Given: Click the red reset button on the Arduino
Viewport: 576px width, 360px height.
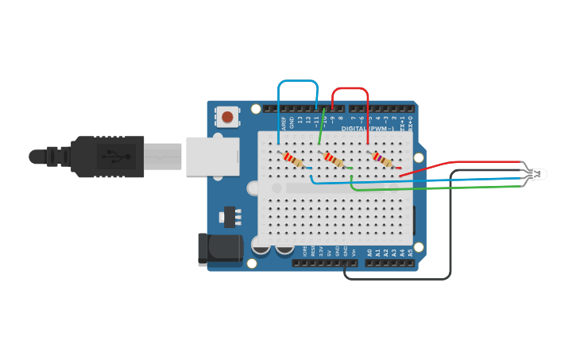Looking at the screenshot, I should point(228,118).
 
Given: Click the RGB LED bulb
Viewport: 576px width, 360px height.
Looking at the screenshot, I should point(539,173).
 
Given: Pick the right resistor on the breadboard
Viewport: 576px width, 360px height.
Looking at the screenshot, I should point(383,161).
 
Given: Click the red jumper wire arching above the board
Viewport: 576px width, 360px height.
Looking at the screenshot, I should point(350,88).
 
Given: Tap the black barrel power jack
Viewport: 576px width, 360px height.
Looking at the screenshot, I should point(219,248).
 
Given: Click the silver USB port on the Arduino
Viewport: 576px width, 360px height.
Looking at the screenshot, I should point(212,156).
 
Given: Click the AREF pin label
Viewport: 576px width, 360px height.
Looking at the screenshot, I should point(284,122).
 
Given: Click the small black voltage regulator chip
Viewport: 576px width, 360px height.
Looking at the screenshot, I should point(230,216).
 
